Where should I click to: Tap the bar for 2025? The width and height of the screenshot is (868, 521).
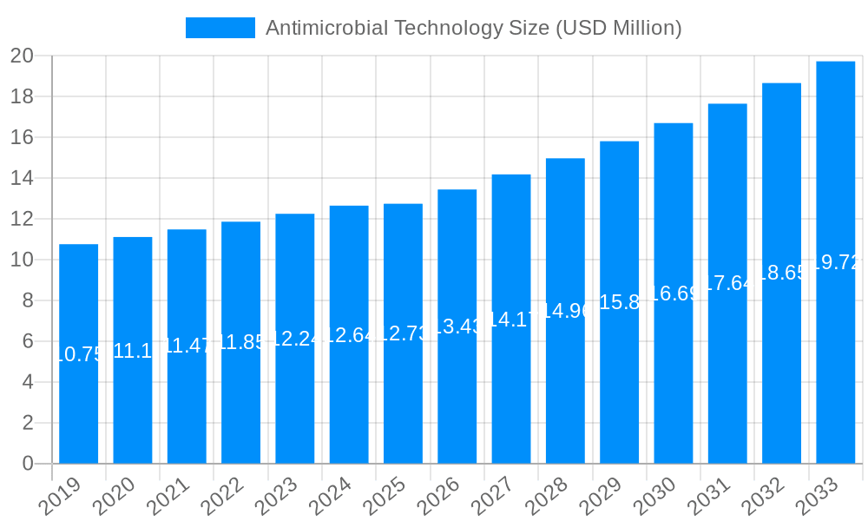pos(403,399)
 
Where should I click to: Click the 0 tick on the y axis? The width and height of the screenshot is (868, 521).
pos(28,464)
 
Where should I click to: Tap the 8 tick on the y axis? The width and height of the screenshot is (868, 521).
pos(28,300)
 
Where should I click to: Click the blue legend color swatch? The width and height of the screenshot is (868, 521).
pos(220,28)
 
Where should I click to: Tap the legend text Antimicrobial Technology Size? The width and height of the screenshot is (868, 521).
pos(473,28)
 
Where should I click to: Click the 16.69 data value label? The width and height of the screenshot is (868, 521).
pos(674,293)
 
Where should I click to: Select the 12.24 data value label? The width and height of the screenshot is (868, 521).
pos(295,339)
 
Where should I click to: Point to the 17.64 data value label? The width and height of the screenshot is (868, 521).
pos(727,284)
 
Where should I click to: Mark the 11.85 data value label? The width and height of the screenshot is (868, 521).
pos(240,342)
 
